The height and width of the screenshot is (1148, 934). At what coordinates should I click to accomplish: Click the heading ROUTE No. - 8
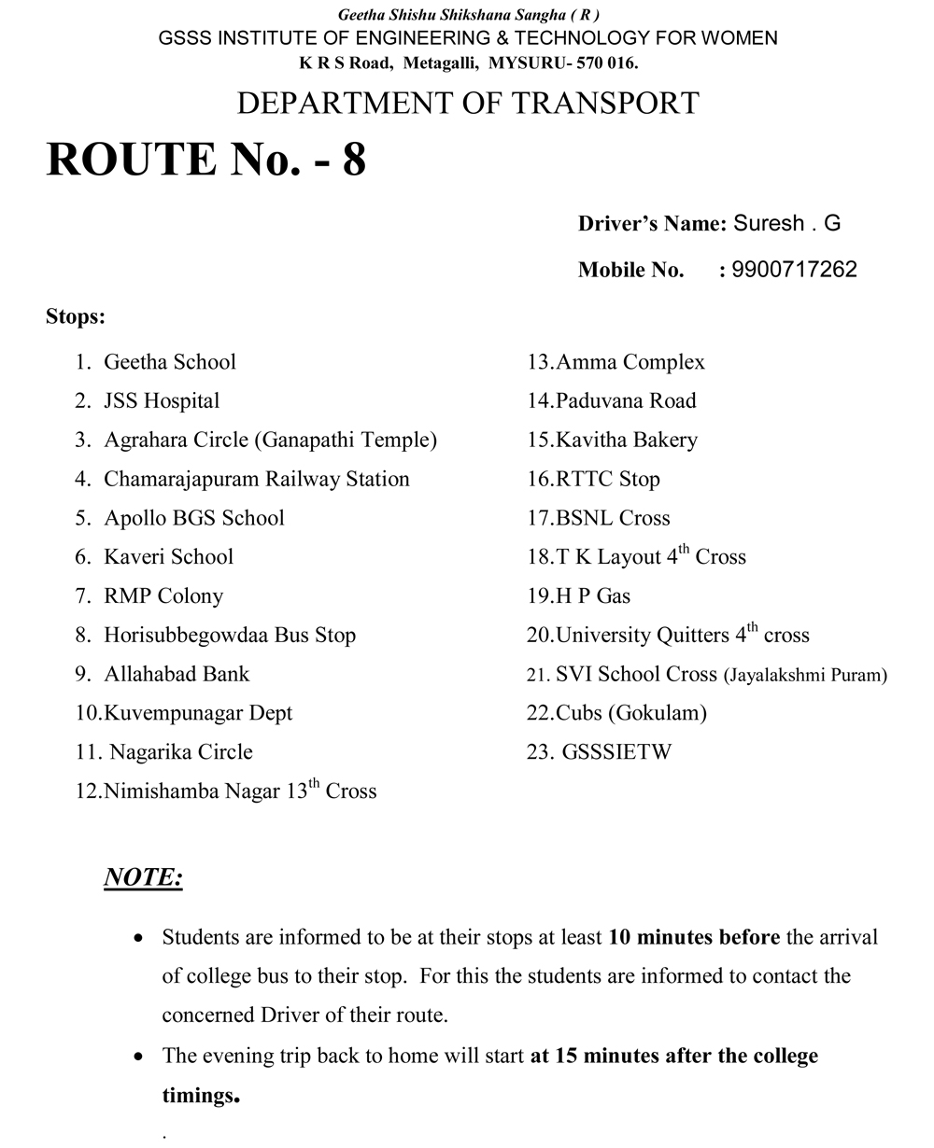(206, 159)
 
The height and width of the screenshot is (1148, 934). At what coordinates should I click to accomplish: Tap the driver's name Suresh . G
(786, 223)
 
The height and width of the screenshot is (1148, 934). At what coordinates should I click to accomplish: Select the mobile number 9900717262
(794, 270)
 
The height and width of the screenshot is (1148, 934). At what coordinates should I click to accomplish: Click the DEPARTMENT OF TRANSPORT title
(467, 103)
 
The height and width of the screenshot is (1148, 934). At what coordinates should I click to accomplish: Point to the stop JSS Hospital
(162, 401)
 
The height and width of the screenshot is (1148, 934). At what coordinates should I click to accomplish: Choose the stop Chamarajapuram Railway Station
(257, 480)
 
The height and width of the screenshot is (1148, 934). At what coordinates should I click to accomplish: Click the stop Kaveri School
(168, 557)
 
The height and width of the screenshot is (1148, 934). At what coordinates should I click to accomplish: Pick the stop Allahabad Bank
(177, 674)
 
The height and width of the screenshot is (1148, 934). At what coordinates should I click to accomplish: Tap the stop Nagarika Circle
(181, 752)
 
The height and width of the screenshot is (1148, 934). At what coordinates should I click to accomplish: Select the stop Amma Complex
(630, 362)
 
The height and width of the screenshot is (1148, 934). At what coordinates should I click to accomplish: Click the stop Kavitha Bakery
(627, 441)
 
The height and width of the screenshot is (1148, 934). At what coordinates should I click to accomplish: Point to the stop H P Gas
(593, 596)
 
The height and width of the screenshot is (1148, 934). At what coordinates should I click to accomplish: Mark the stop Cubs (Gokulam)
(631, 713)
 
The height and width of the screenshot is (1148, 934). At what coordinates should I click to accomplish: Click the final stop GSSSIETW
(616, 752)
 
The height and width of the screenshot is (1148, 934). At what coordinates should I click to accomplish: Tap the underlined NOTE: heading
(143, 877)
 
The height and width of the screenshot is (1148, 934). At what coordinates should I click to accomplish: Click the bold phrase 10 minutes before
(694, 937)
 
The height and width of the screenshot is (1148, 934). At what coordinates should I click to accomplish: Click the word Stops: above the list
(76, 316)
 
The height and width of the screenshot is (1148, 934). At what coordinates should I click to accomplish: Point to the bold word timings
(199, 1096)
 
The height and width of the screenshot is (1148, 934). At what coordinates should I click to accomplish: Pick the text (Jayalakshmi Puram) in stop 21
(805, 675)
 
